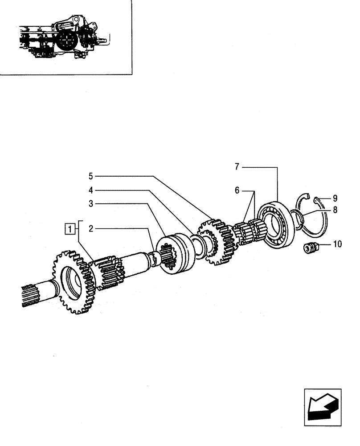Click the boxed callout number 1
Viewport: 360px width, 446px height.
pos(69,230)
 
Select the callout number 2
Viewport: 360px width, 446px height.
pos(91,229)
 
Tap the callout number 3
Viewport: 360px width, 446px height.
pos(91,204)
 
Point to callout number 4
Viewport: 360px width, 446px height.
pos(91,190)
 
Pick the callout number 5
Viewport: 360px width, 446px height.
pos(91,176)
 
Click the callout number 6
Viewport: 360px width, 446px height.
pos(237,190)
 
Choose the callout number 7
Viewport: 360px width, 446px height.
pos(237,167)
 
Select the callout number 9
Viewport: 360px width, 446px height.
pos(335,198)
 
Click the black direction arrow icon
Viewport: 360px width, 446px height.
pos(323,407)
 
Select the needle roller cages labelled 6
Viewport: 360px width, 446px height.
pos(250,232)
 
